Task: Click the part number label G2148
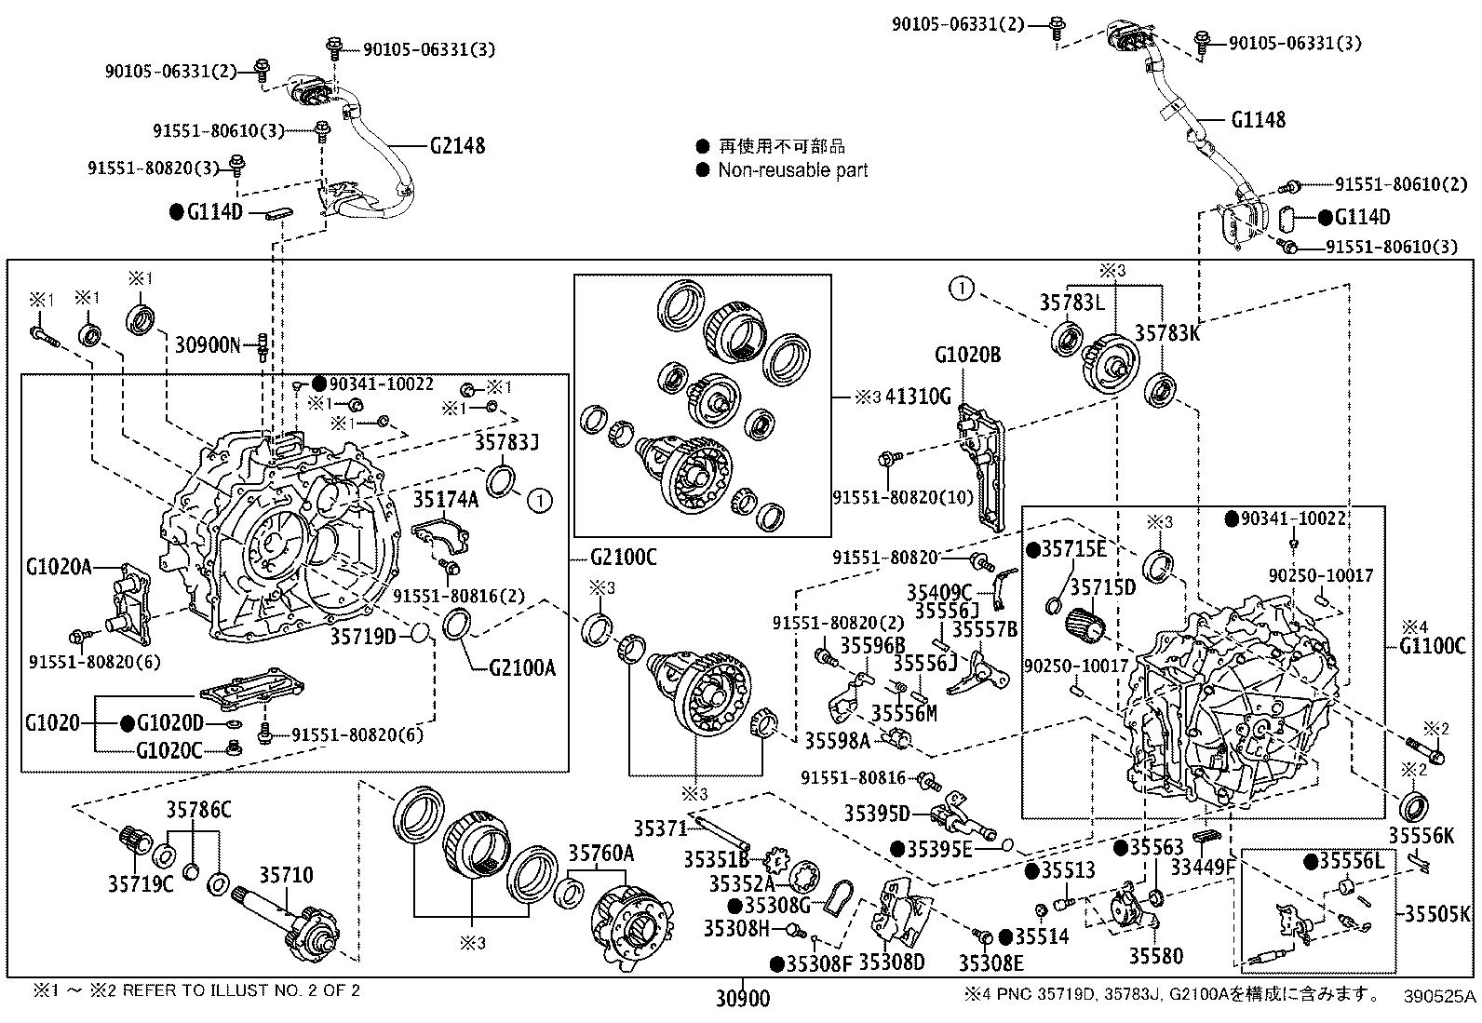coord(457,146)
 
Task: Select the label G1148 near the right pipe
coord(1258,119)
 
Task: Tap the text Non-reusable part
coord(792,170)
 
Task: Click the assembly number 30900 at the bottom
coord(743,999)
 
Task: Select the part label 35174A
coord(446,500)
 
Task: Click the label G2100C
coord(623,558)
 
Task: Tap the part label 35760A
coord(601,853)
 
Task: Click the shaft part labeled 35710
coord(286,875)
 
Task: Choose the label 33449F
coord(1202,868)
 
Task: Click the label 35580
coord(1156,956)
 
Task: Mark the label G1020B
coord(967,355)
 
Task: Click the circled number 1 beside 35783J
coord(539,501)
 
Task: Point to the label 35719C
coord(141,883)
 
